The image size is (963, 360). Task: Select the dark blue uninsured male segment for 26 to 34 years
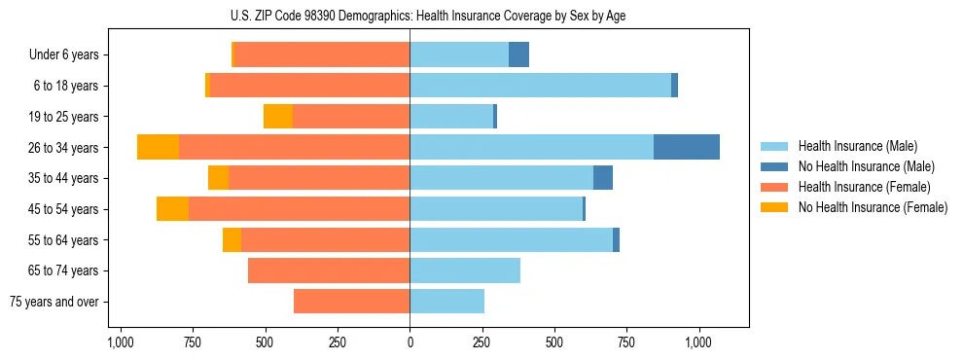pyautogui.click(x=686, y=147)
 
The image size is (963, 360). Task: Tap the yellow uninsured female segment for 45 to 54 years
pyautogui.click(x=172, y=209)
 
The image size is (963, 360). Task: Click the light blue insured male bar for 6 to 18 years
pyautogui.click(x=540, y=86)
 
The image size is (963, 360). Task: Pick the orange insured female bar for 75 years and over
pyautogui.click(x=351, y=302)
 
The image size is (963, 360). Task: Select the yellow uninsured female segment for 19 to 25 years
pyautogui.click(x=278, y=117)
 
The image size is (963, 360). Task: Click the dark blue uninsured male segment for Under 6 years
pyautogui.click(x=518, y=54)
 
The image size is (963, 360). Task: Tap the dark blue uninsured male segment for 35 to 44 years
pyautogui.click(x=603, y=178)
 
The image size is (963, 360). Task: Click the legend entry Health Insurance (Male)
pyautogui.click(x=857, y=146)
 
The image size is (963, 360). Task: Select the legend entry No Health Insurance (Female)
pyautogui.click(x=873, y=207)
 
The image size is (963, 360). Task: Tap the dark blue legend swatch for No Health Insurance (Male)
pyautogui.click(x=774, y=166)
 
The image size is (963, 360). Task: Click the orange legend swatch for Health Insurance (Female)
pyautogui.click(x=774, y=187)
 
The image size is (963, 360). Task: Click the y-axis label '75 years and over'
pyautogui.click(x=54, y=302)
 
